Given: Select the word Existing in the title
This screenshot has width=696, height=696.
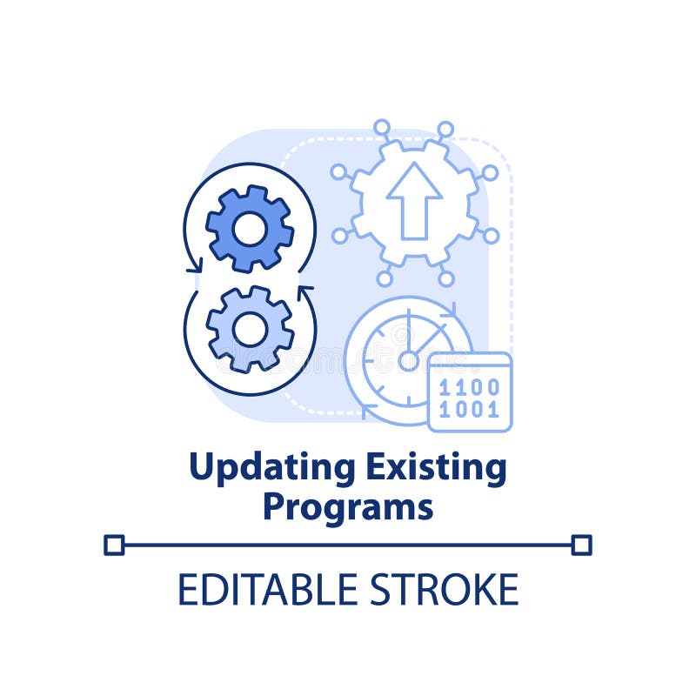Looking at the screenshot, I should coord(435,468).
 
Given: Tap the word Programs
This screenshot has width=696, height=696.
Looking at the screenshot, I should coord(348,506).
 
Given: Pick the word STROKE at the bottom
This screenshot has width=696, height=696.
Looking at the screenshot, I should coord(444,589).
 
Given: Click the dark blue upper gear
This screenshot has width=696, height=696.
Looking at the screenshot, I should coord(250,228).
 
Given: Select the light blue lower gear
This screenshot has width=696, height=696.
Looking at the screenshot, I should coord(250,329).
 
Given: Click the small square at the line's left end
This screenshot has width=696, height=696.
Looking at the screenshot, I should coord(114,545).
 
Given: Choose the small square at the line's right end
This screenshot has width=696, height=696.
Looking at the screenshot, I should coord(582,545).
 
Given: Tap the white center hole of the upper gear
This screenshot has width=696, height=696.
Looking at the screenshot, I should coord(250,229).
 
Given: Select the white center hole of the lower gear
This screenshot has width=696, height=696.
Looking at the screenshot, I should coord(250,330).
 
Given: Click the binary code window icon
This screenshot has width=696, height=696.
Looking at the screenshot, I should coord(470,391).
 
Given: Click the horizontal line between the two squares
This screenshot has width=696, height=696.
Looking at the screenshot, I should coord(348,545).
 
